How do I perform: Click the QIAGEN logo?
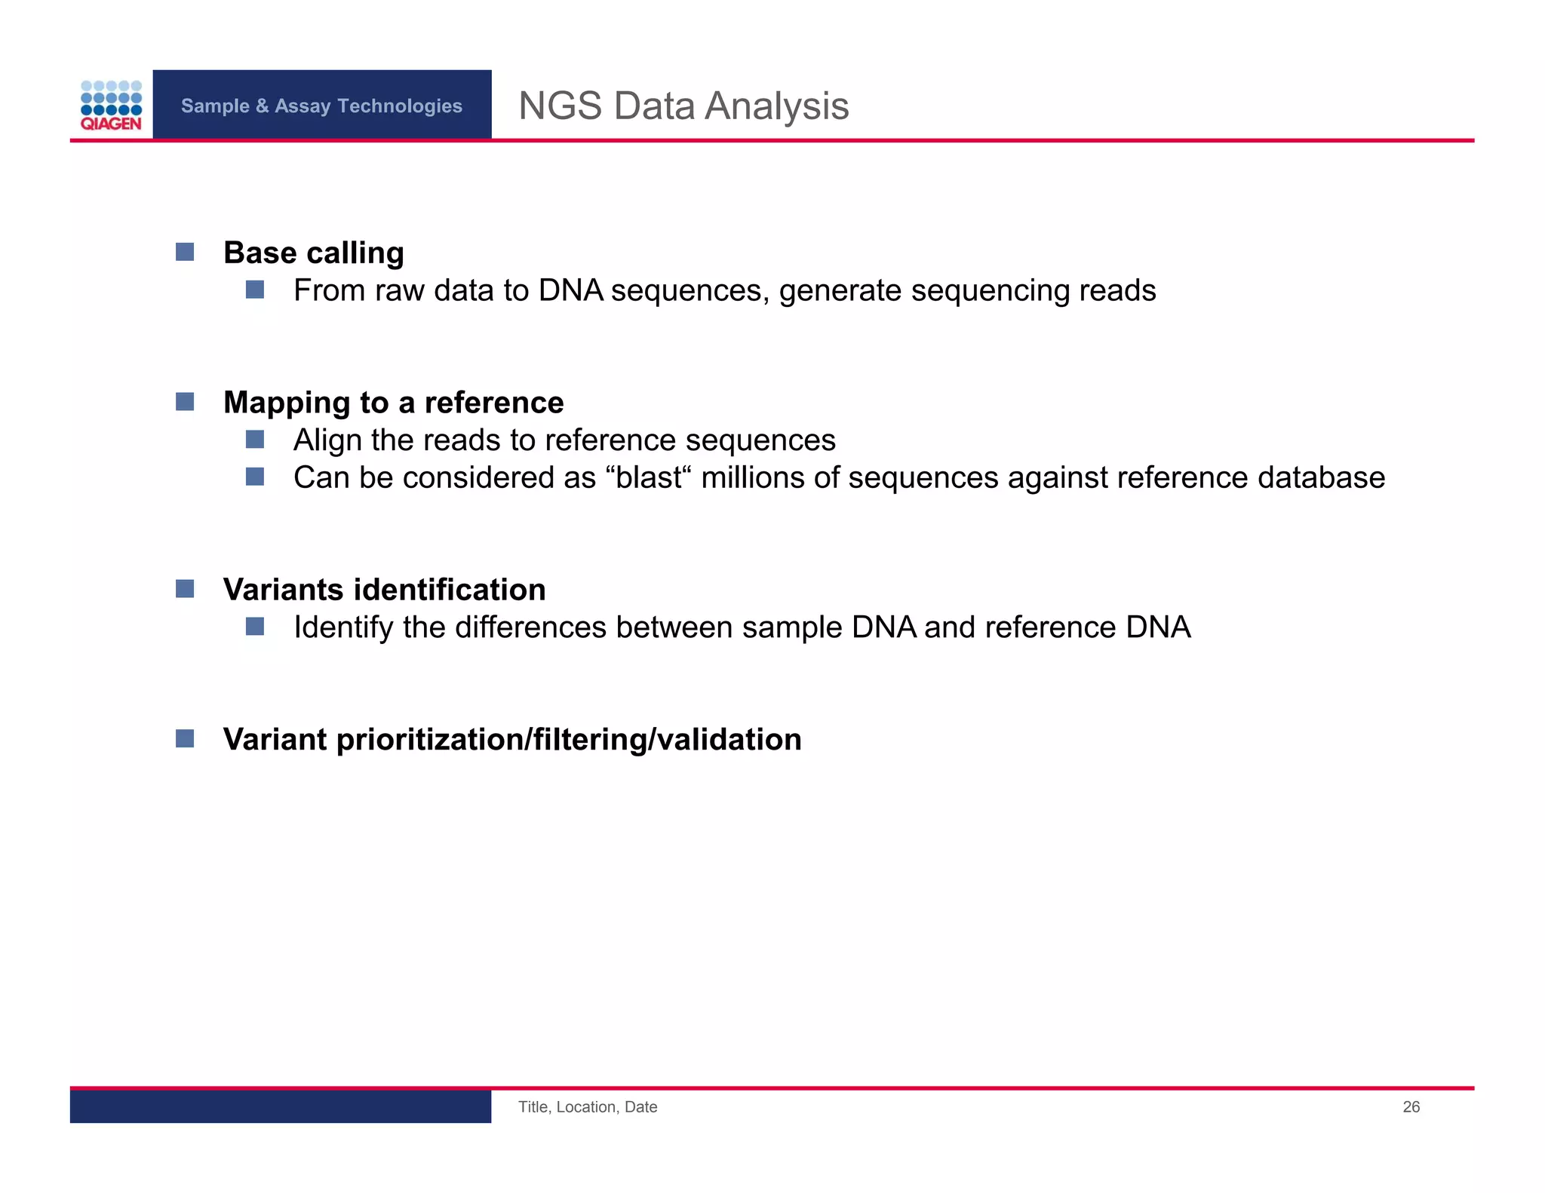click(111, 106)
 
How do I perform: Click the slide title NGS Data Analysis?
click(683, 106)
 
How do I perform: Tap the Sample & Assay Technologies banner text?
click(321, 106)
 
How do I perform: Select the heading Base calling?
click(314, 253)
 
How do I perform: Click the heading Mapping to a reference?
click(393, 403)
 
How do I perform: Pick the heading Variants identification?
click(384, 590)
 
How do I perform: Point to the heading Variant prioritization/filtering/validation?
click(512, 739)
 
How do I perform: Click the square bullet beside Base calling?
click(185, 252)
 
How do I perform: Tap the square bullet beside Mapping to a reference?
click(185, 401)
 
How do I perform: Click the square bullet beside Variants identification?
click(185, 588)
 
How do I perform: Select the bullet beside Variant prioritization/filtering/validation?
click(185, 738)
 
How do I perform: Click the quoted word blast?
click(649, 477)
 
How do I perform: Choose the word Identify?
click(343, 627)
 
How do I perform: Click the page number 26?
click(1411, 1107)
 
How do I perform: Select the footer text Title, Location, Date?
click(588, 1107)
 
